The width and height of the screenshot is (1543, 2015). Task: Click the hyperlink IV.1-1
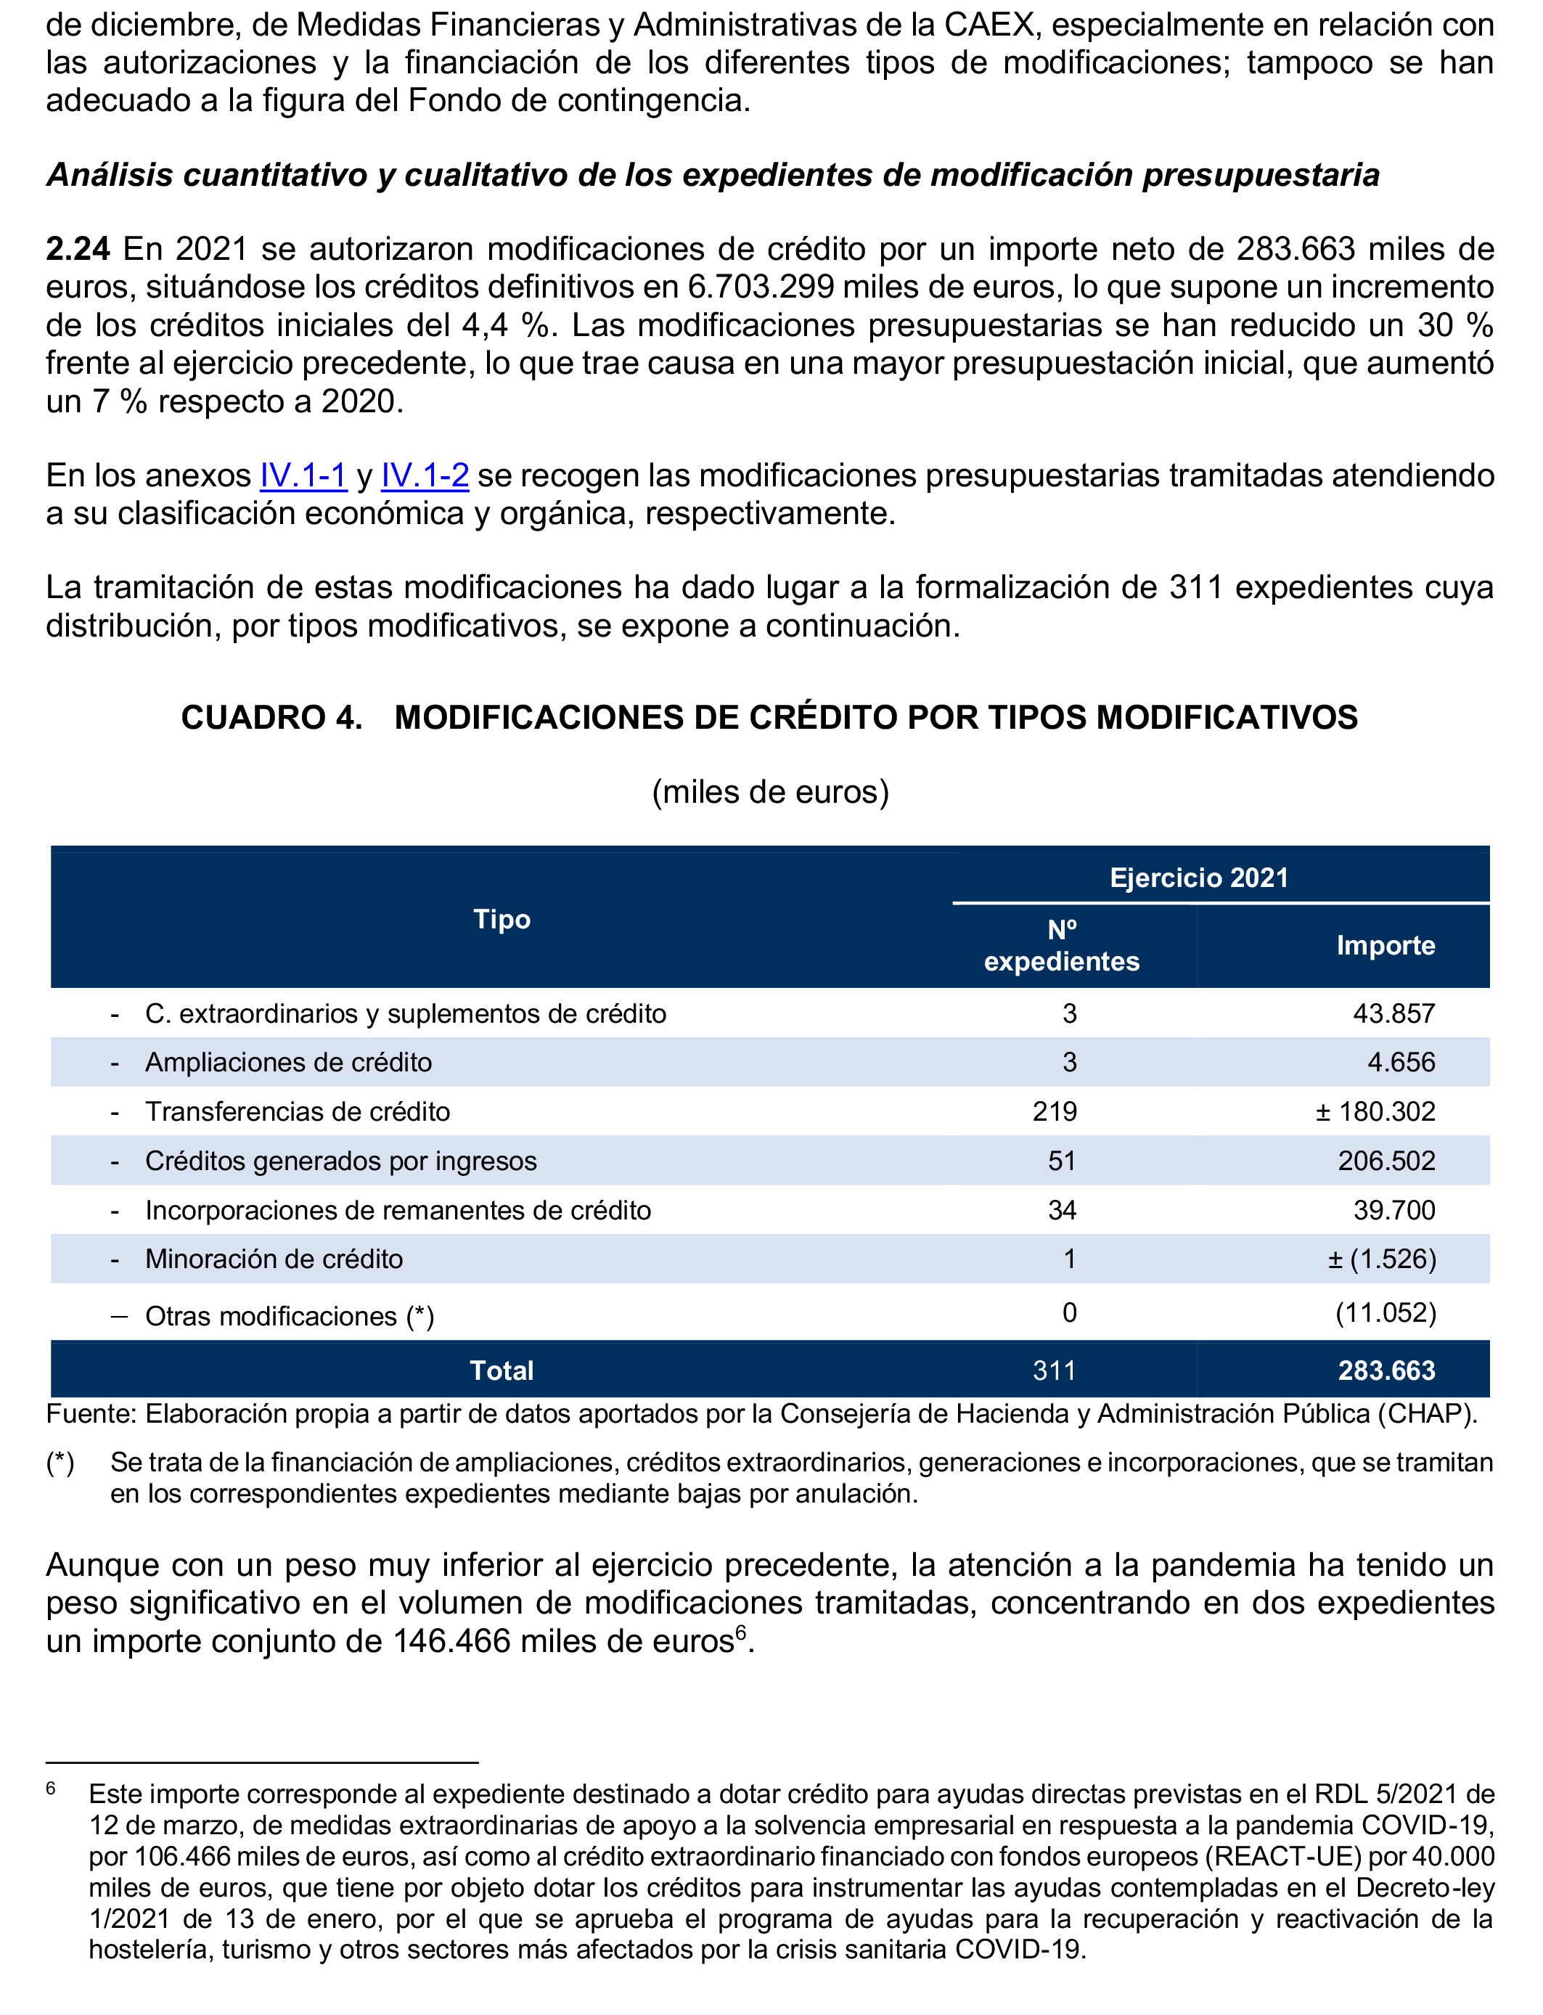(303, 475)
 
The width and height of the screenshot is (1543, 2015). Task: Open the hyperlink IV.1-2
(425, 475)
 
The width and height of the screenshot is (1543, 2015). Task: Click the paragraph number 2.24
(78, 249)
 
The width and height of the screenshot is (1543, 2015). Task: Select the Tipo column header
(502, 920)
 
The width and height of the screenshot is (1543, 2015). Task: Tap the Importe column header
(1385, 945)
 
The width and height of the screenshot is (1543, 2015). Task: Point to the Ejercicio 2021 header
(1198, 878)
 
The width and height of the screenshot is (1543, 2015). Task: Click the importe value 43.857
(1393, 1014)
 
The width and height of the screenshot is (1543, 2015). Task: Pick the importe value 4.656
(1401, 1063)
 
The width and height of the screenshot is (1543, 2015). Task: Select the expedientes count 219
(1055, 1112)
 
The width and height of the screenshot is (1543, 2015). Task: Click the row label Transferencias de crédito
(298, 1112)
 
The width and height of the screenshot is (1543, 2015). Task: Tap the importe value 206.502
(1386, 1161)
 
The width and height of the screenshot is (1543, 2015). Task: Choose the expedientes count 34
(1062, 1211)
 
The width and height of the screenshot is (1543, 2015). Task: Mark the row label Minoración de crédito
(274, 1259)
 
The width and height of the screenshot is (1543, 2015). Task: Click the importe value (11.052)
(1385, 1313)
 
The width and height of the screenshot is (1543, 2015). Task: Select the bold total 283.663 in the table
(1386, 1371)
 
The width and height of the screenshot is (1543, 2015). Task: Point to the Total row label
(502, 1371)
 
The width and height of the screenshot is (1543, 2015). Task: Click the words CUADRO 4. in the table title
(272, 717)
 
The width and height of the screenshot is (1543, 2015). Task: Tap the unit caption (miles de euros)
(771, 792)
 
